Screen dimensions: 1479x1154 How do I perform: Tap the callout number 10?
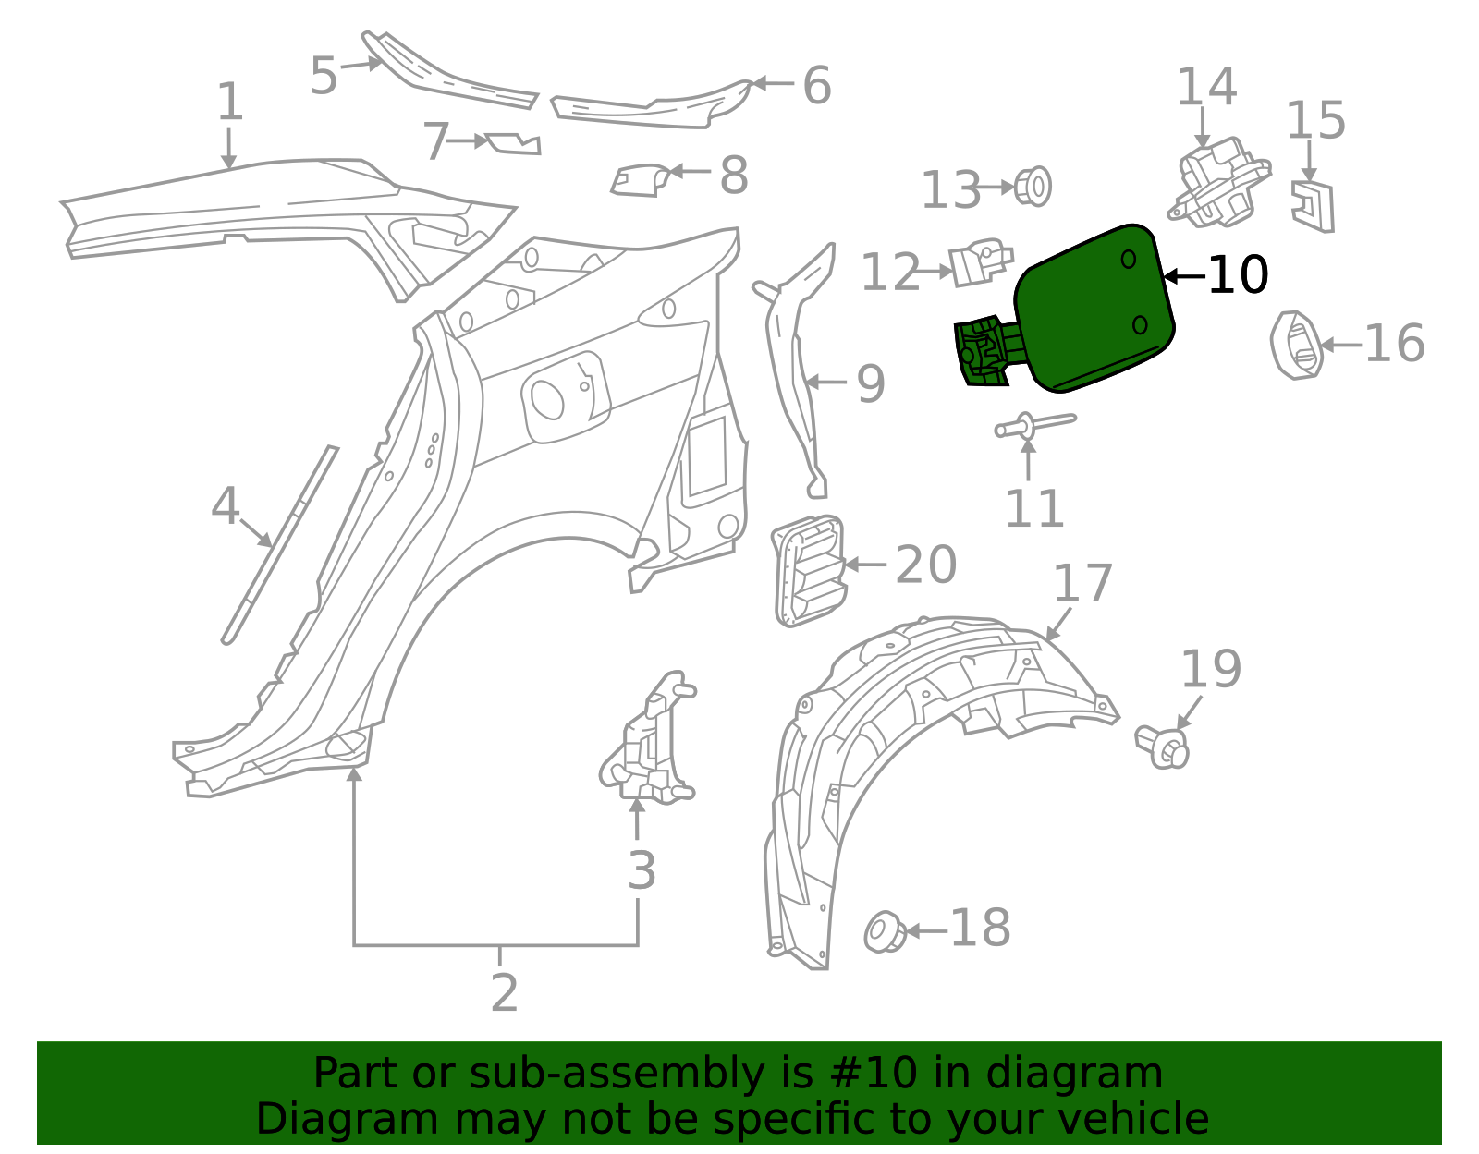pos(1238,275)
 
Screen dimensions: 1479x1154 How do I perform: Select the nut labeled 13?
pos(1033,187)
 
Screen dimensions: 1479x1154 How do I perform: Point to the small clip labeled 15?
pos(1314,206)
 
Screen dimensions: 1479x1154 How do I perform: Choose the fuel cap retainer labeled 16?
pos(1296,346)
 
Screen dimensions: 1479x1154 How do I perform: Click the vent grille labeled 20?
pos(808,570)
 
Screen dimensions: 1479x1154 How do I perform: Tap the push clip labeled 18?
pos(885,931)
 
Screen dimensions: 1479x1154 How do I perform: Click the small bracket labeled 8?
pos(639,179)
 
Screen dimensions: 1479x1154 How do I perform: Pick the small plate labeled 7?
pos(513,144)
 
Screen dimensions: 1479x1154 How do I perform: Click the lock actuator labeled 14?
pos(1219,183)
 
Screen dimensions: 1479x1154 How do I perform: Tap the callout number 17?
pos(1082,584)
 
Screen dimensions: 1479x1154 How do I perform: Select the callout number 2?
pos(504,993)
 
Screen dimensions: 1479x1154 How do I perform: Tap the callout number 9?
pos(871,383)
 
